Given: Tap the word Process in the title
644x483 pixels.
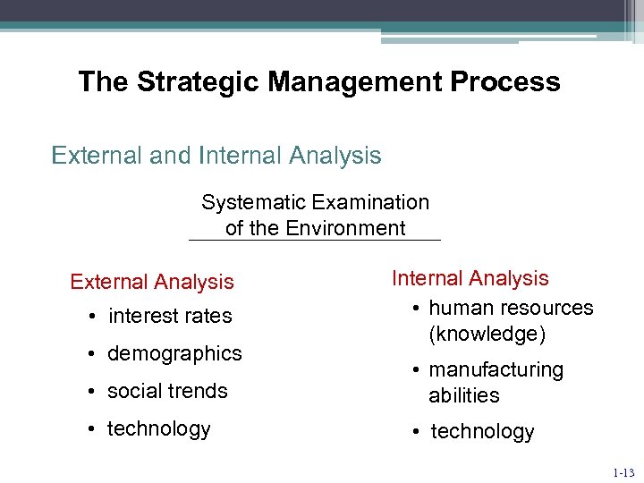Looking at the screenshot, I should [x=505, y=82].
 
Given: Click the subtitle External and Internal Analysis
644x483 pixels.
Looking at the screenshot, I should [x=216, y=156].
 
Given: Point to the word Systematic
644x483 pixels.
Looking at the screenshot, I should [x=256, y=203].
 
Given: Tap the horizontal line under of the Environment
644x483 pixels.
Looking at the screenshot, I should [x=315, y=241].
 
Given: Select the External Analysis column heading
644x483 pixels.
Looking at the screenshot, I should [x=152, y=282].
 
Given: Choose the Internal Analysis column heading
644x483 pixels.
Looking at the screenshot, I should [x=470, y=279].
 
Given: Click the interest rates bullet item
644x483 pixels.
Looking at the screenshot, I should [x=169, y=317].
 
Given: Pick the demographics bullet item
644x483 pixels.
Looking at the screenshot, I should [x=174, y=353].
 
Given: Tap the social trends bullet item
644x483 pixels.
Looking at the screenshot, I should [x=167, y=391].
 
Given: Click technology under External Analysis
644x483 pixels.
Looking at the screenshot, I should [x=159, y=428].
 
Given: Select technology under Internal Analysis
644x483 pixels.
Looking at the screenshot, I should [x=482, y=432].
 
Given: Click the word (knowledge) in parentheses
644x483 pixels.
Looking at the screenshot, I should [x=487, y=334].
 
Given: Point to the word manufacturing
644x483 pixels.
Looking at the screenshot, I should [x=496, y=370].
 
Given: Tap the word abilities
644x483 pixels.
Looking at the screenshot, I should [x=463, y=395].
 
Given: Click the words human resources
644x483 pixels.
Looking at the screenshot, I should [x=511, y=308].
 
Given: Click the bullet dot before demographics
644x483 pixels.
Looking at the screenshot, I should [x=93, y=354].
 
